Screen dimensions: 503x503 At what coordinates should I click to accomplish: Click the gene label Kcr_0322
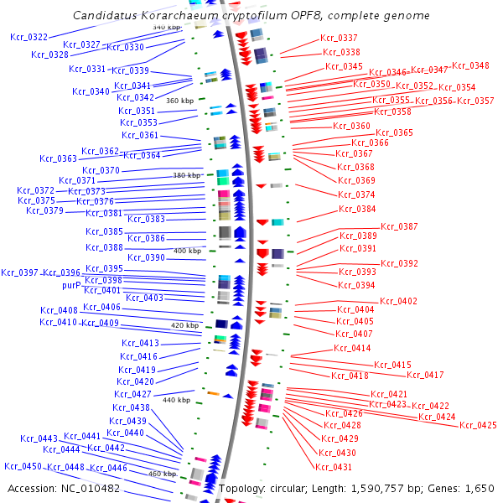29,37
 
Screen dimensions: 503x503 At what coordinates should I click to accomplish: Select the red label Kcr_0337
339,38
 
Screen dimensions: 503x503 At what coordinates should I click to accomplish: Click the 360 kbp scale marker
180,101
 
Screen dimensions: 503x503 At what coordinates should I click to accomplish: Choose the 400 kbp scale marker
187,251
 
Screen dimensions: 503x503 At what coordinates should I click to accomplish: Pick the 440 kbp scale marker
176,400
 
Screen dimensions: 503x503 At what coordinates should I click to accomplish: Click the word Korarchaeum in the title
171,16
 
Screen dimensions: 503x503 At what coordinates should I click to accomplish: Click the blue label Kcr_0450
23,466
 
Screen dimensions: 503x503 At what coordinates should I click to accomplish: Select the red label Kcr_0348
470,65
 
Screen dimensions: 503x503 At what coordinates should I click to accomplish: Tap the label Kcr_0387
399,226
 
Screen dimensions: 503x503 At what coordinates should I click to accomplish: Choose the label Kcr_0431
334,467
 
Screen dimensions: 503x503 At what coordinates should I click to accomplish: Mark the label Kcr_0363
58,158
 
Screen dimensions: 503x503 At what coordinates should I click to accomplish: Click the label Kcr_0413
140,343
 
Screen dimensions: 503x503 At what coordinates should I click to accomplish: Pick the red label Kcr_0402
398,301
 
